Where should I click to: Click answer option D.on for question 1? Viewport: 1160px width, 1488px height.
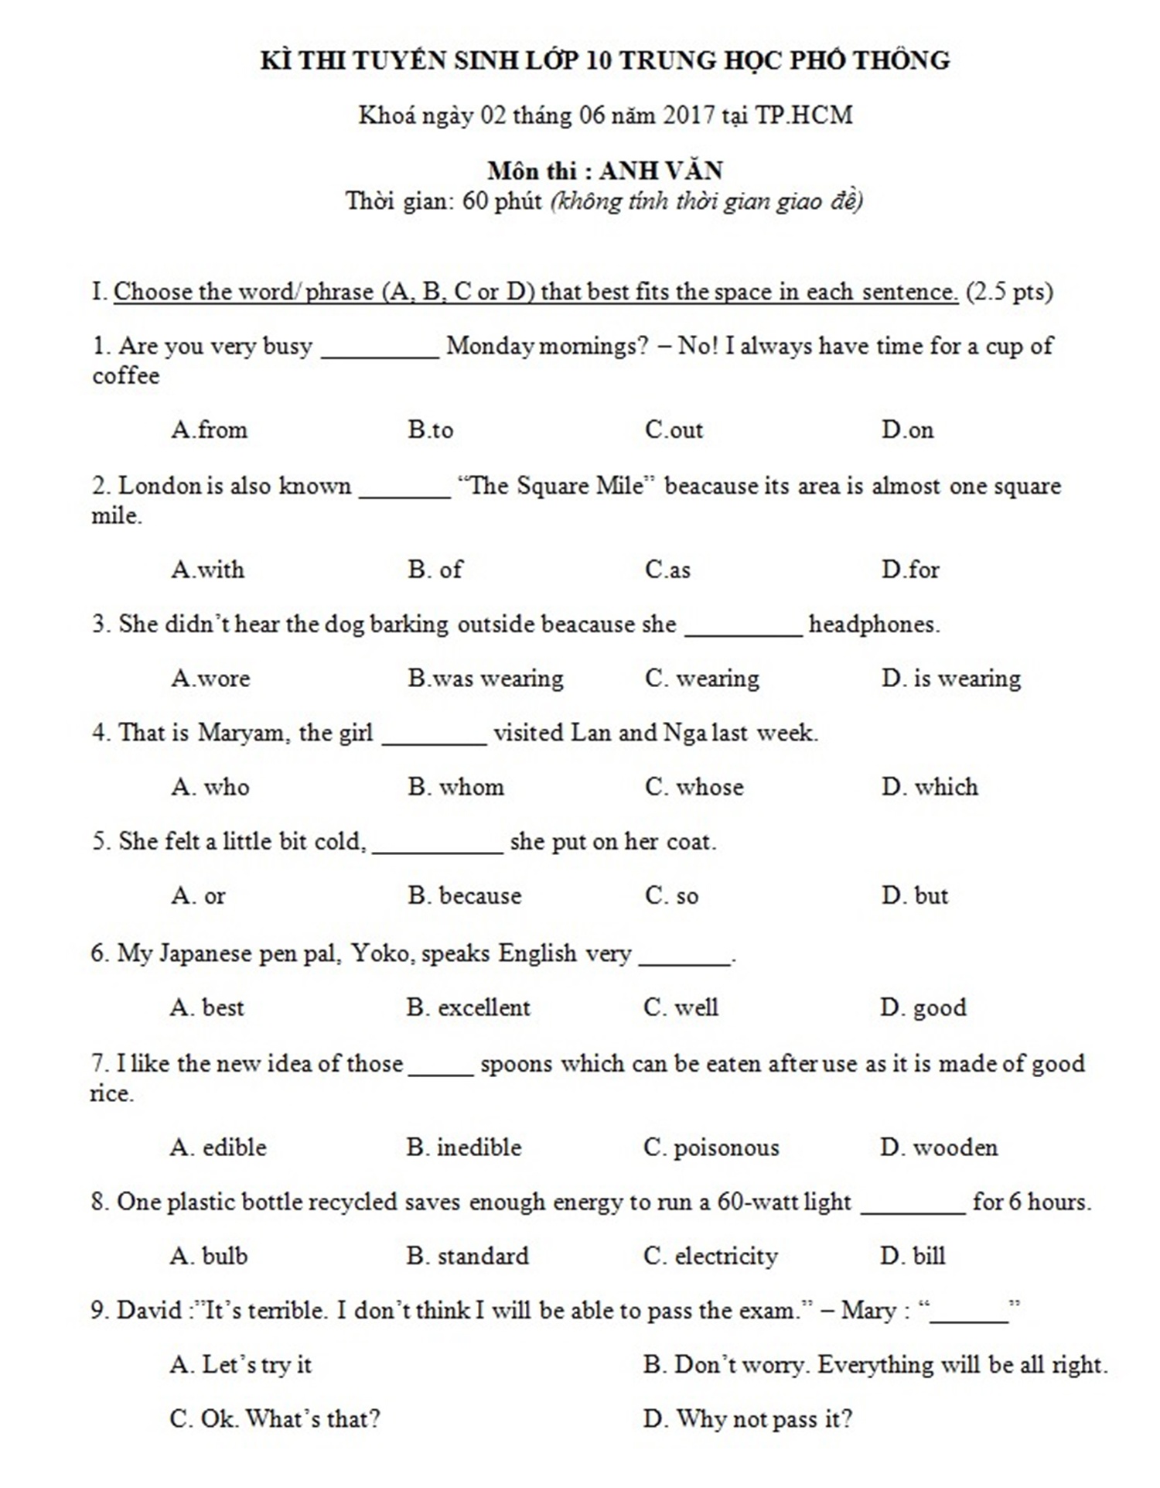(907, 429)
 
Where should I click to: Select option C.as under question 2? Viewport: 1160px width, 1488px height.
(667, 570)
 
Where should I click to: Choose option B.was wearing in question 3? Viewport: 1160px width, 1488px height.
(486, 679)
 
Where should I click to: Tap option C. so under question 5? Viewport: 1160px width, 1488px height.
(671, 895)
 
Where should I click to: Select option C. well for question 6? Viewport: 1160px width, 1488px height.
(681, 1007)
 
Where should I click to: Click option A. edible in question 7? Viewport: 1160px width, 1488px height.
(218, 1147)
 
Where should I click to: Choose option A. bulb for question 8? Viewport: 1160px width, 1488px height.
(209, 1255)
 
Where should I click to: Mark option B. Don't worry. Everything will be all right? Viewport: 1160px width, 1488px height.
(875, 1364)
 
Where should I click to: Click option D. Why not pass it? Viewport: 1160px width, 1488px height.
(747, 1419)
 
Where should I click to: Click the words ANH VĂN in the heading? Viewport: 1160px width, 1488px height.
(661, 170)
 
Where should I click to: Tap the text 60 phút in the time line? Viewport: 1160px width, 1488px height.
(502, 201)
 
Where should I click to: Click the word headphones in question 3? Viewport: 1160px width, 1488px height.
(873, 624)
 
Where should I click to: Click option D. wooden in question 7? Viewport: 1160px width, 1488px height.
(939, 1147)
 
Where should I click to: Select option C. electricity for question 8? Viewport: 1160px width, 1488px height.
(710, 1255)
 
